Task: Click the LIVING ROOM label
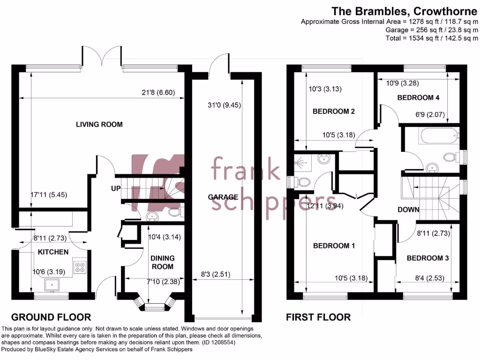99,124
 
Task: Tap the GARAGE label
223,197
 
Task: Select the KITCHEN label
53,252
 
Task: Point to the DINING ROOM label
162,262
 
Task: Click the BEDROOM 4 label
419,97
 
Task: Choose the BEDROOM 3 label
428,258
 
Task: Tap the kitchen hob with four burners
79,266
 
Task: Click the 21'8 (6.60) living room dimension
159,92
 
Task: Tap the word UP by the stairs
115,188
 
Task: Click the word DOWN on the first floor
408,210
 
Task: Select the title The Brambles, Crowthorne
405,11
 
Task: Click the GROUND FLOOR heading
51,317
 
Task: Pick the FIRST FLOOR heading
318,317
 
